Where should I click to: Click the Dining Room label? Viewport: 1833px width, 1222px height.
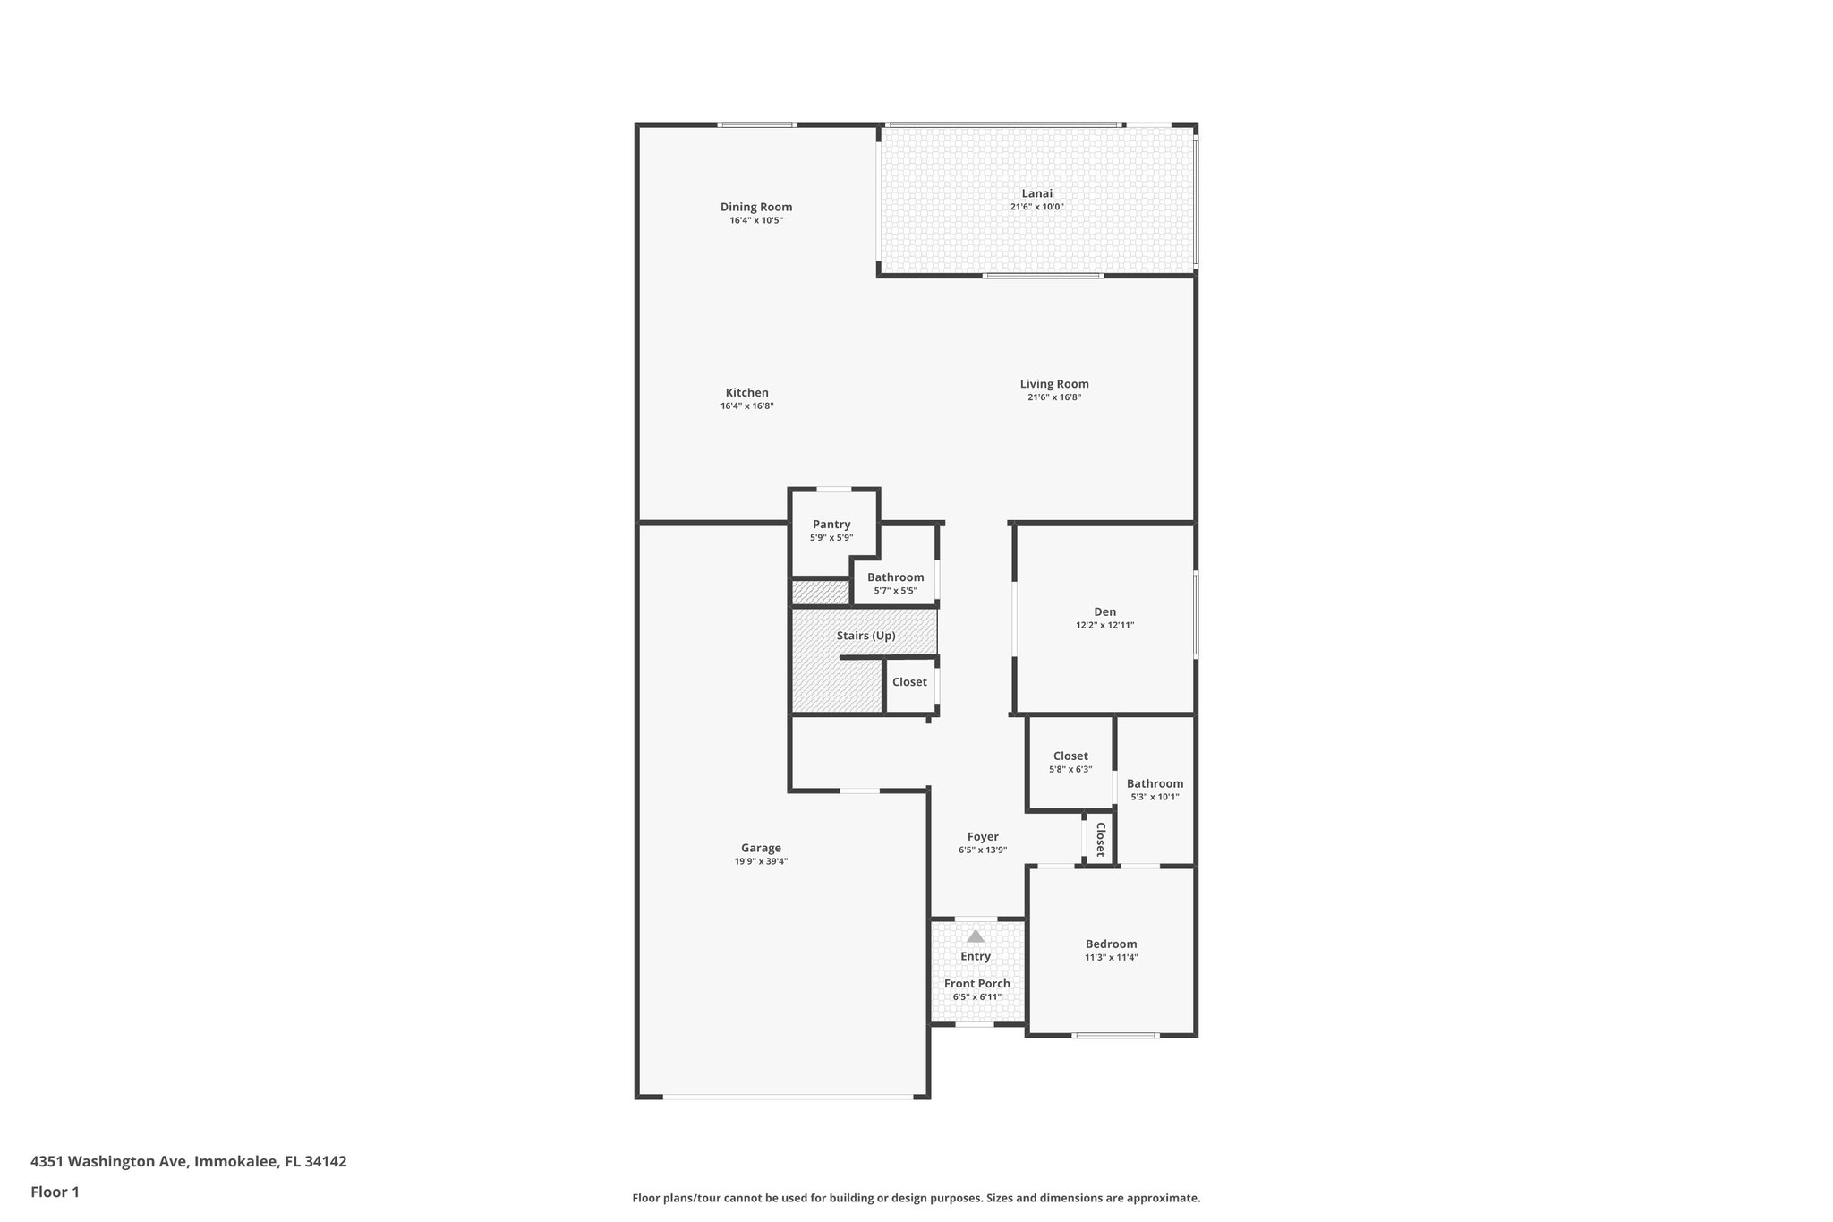756,207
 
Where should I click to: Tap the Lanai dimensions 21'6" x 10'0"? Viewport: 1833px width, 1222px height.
1036,207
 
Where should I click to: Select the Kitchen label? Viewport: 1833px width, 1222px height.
746,392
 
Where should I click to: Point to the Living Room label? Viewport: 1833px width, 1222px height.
1054,384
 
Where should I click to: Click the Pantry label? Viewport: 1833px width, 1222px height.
831,525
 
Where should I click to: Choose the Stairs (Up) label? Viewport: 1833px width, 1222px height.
865,636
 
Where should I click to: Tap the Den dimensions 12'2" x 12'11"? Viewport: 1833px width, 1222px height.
1104,626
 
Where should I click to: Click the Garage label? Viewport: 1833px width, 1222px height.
761,848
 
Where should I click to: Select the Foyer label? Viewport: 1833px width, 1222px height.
983,837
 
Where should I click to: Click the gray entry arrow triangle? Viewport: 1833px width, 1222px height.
976,936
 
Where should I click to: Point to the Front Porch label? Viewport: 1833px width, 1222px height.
976,984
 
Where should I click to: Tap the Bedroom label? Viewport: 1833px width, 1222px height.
1111,944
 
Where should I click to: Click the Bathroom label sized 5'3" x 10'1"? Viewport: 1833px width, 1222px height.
1155,783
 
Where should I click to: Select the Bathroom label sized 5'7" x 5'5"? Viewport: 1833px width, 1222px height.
895,577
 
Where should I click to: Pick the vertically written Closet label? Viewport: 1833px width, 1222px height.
1101,839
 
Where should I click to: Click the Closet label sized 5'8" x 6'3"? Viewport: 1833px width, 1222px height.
1070,756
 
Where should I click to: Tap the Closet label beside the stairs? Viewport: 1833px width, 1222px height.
909,682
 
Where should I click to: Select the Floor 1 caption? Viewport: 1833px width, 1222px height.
55,1192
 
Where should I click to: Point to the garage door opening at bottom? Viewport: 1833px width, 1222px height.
788,1097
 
